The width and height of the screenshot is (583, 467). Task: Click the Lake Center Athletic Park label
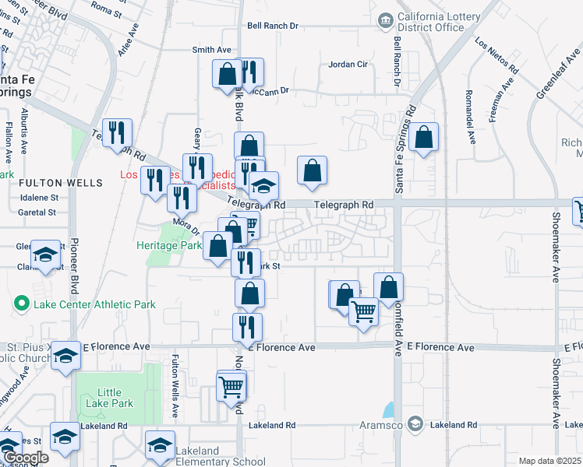point(94,304)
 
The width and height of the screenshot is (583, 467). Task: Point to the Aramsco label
point(380,424)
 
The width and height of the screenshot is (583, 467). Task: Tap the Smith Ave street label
point(212,50)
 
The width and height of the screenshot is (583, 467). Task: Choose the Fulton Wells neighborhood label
point(61,183)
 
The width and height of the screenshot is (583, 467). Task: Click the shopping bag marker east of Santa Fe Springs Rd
point(423,138)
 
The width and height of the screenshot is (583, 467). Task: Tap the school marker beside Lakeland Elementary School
point(160,445)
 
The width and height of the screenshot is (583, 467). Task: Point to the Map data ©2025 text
point(549,461)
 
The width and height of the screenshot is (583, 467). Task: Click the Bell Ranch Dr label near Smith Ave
point(273,26)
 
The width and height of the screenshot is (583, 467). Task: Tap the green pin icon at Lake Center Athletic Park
point(21,304)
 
